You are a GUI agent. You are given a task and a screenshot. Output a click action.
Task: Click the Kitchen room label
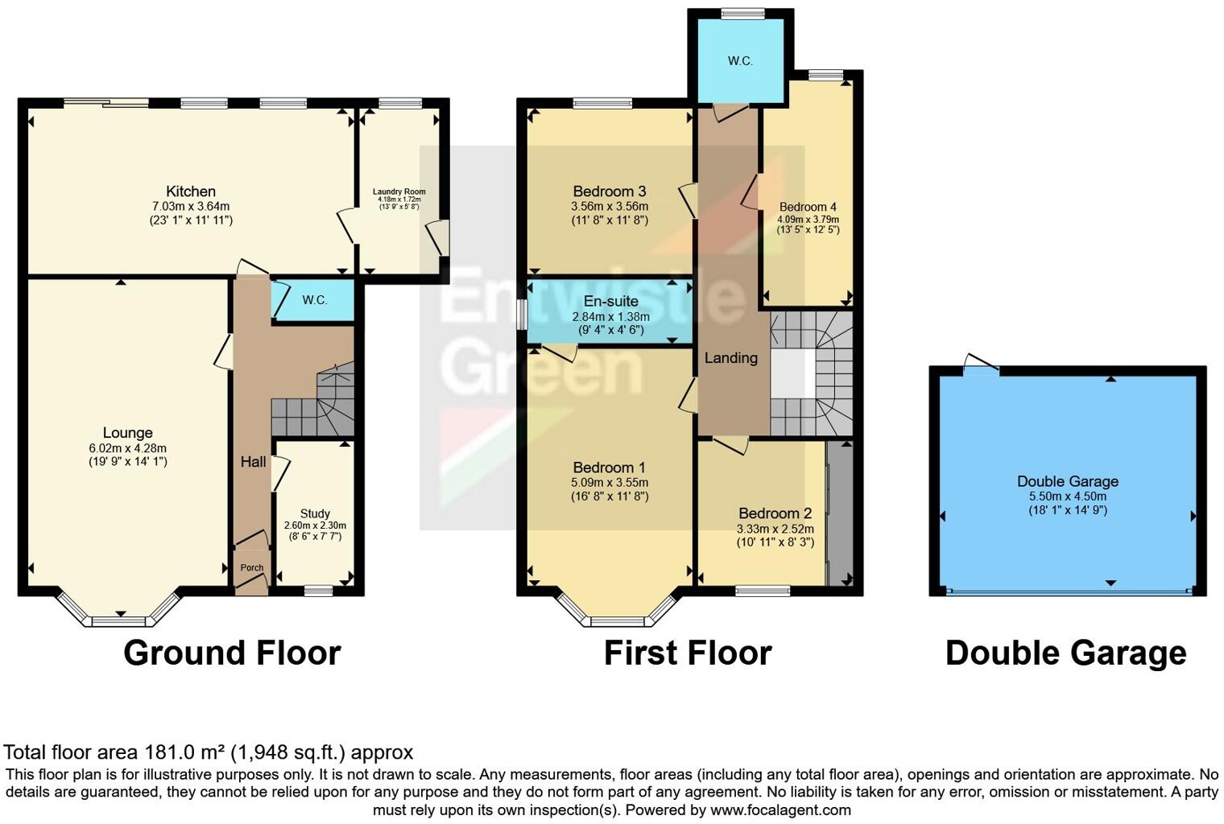point(191,192)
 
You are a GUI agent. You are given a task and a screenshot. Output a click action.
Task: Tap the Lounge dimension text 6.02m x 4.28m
point(128,448)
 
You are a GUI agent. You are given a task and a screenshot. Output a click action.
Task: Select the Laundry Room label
point(399,192)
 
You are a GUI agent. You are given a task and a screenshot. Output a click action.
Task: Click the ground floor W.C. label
point(315,300)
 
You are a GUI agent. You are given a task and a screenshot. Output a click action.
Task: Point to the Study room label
point(315,513)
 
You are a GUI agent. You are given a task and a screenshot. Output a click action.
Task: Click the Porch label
point(252,567)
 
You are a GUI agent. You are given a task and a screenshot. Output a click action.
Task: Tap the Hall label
point(253,462)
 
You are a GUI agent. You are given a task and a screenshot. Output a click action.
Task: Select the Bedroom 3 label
point(610,192)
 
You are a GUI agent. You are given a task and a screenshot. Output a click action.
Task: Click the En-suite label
point(610,301)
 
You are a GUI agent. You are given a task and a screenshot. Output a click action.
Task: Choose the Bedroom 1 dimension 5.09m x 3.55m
point(610,483)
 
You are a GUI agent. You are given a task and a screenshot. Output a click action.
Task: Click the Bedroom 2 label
point(775,513)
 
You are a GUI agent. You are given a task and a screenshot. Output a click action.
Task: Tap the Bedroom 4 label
point(808,207)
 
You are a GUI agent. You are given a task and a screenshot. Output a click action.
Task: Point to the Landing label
point(731,358)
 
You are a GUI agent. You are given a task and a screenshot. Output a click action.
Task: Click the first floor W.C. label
point(740,61)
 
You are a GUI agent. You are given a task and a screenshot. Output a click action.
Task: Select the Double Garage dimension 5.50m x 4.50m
point(1068,496)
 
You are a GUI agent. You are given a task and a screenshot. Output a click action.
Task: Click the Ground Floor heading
point(232,653)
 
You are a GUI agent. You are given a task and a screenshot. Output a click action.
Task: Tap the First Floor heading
point(688,653)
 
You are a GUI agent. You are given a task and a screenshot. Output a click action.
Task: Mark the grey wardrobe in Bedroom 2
point(840,513)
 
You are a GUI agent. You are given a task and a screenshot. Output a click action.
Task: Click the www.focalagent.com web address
point(780,810)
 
